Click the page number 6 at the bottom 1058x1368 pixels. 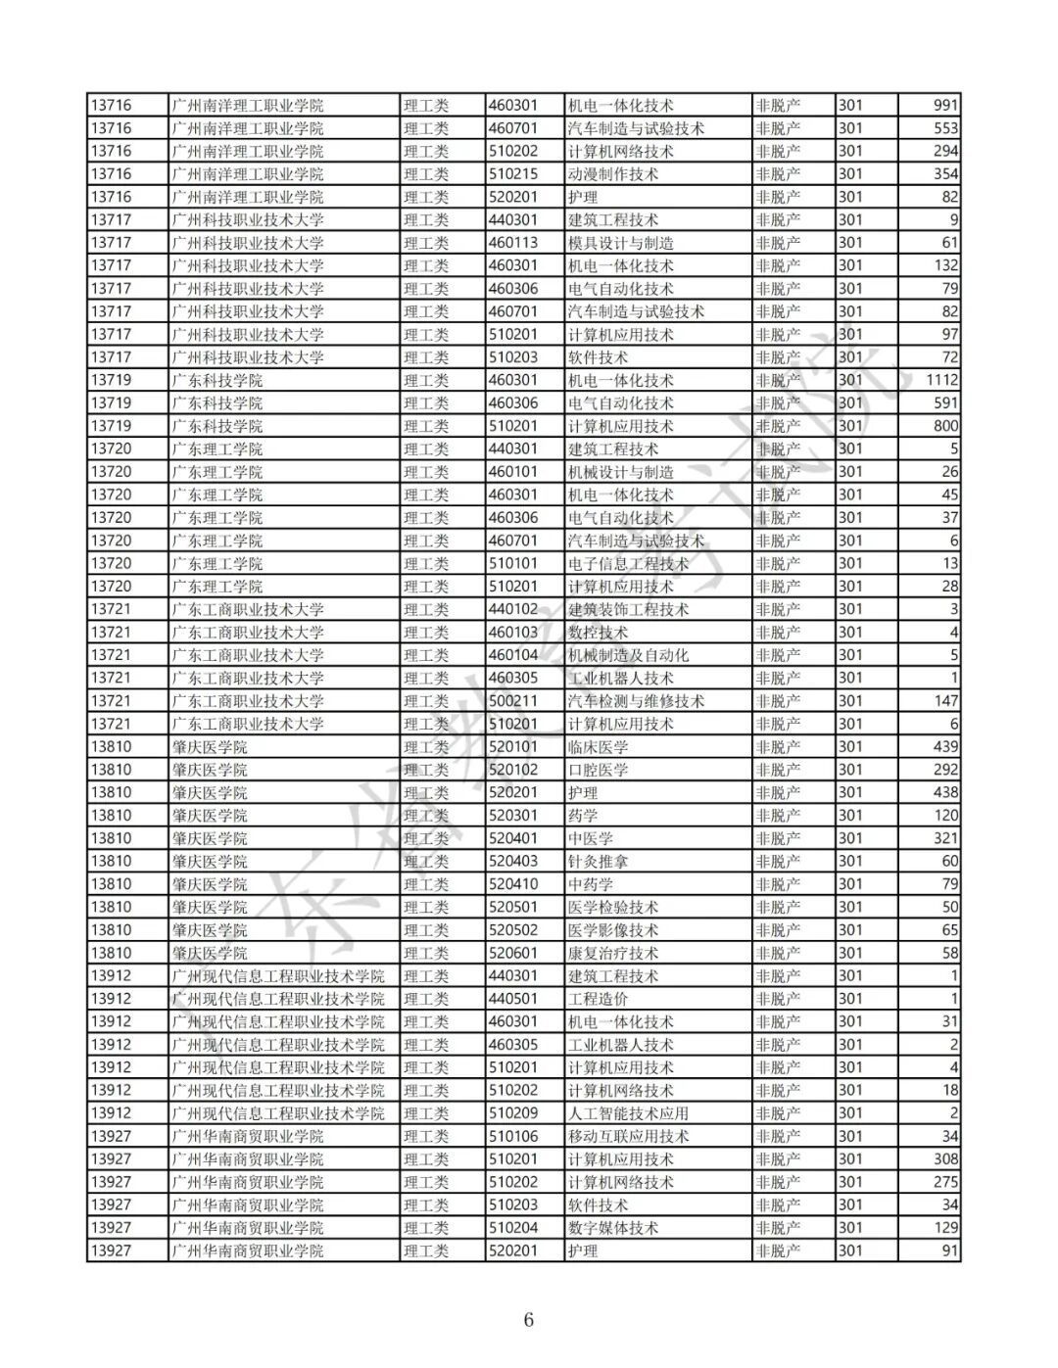point(528,1320)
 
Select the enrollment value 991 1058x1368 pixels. point(945,106)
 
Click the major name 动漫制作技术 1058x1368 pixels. point(613,174)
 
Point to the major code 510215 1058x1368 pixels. point(513,174)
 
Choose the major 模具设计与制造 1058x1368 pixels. point(621,243)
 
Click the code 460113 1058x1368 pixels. point(513,243)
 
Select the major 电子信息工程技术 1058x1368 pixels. point(628,564)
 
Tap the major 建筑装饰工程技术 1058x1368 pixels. point(628,609)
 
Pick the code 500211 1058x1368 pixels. point(513,701)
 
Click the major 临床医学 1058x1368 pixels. point(598,747)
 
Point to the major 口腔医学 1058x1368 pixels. point(598,770)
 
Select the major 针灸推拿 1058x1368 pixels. point(598,862)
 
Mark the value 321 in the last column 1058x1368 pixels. point(945,838)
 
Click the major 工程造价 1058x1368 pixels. point(598,999)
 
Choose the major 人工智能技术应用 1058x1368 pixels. point(628,1113)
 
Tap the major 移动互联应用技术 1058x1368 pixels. point(628,1136)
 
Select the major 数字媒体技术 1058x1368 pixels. point(613,1228)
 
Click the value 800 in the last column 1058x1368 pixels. point(945,426)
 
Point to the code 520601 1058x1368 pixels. point(513,953)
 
